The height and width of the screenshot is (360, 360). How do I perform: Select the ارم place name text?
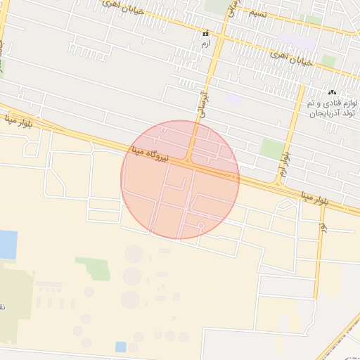pyautogui.click(x=205, y=44)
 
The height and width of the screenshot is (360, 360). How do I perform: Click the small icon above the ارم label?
pyautogui.click(x=205, y=33)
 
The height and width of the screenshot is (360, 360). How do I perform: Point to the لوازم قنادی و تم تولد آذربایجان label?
pyautogui.click(x=333, y=108)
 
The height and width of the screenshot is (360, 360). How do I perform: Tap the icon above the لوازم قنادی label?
pyautogui.click(x=332, y=92)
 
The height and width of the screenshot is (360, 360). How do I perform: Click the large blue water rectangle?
pyautogui.click(x=7, y=244)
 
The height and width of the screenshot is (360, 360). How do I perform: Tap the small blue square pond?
pyautogui.click(x=121, y=347)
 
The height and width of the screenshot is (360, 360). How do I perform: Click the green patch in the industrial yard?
pyautogui.click(x=94, y=267)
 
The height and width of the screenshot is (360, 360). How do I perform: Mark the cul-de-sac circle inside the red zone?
pyautogui.click(x=200, y=226)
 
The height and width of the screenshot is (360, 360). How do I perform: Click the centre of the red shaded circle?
pyautogui.click(x=180, y=180)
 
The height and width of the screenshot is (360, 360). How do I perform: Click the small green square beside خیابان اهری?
pyautogui.click(x=328, y=61)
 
